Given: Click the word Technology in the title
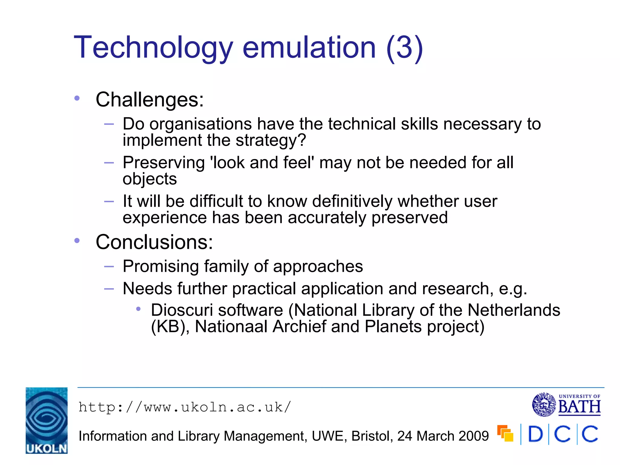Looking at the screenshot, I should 153,48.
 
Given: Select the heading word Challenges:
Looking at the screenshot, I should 150,100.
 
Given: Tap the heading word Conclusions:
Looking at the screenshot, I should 154,242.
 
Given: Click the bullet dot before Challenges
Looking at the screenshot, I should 77,98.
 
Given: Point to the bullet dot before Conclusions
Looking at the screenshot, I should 77,241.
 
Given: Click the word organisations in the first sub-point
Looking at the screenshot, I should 200,124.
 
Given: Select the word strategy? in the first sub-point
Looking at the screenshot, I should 271,140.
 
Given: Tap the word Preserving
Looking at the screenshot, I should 164,163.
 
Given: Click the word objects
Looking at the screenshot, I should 150,179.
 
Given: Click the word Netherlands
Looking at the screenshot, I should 514,310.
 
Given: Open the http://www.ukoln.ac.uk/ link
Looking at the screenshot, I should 185,407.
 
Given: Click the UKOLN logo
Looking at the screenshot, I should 47,420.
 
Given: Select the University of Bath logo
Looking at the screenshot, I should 566,404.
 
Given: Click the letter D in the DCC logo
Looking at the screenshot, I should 536,434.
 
